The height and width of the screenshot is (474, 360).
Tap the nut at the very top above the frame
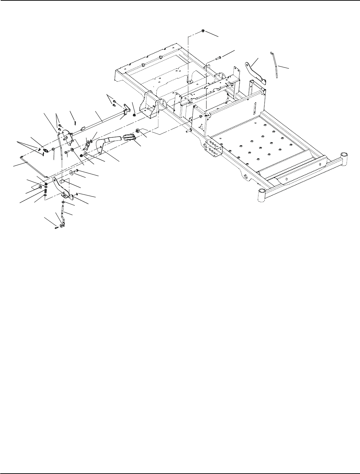point(203,31)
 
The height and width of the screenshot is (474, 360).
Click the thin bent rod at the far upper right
point(275,65)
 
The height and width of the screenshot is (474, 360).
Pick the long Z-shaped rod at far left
point(33,167)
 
